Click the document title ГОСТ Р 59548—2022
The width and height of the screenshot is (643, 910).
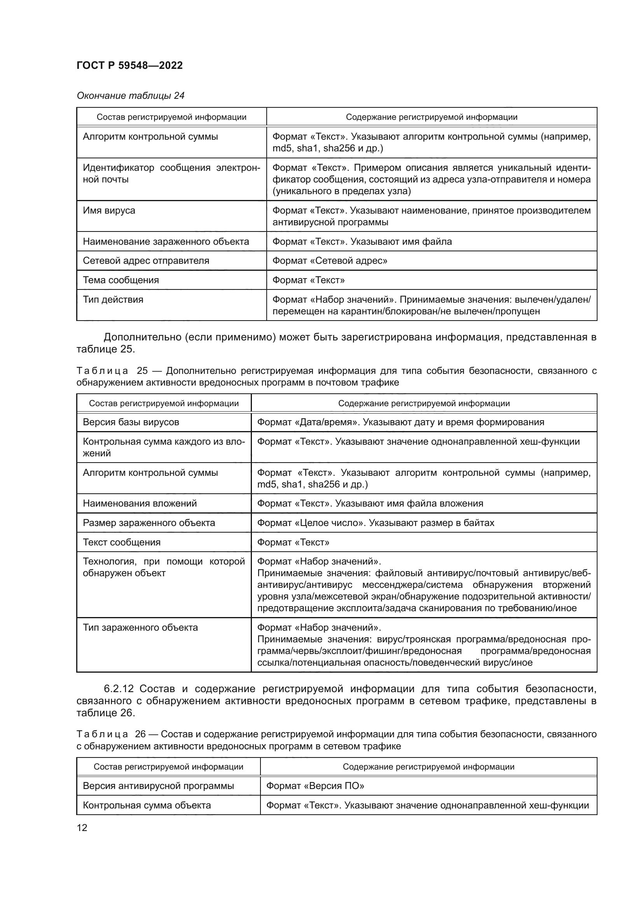tap(129, 65)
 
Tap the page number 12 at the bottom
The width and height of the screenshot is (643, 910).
tap(82, 828)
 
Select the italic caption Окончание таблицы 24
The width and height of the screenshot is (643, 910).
tap(130, 96)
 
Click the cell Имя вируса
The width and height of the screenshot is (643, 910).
tap(109, 210)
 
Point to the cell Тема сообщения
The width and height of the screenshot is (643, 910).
tap(121, 280)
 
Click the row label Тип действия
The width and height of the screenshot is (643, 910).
tap(113, 300)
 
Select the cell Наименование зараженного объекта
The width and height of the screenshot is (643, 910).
tap(166, 242)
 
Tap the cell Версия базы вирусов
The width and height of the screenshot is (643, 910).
tap(131, 422)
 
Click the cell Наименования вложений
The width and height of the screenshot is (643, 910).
tap(140, 503)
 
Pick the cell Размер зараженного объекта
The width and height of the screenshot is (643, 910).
tap(149, 523)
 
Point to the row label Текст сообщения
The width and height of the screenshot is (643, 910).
tap(122, 542)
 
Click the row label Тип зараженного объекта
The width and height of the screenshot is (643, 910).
tap(140, 628)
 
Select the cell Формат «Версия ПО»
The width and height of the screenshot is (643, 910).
tap(315, 786)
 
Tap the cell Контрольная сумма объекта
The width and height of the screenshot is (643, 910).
tap(147, 805)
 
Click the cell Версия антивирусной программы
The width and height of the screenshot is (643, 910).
tap(158, 786)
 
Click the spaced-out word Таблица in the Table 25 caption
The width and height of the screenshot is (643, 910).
tap(102, 371)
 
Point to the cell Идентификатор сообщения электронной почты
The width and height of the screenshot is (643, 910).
tap(171, 174)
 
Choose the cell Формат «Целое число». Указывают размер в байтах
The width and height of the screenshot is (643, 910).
tap(376, 523)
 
